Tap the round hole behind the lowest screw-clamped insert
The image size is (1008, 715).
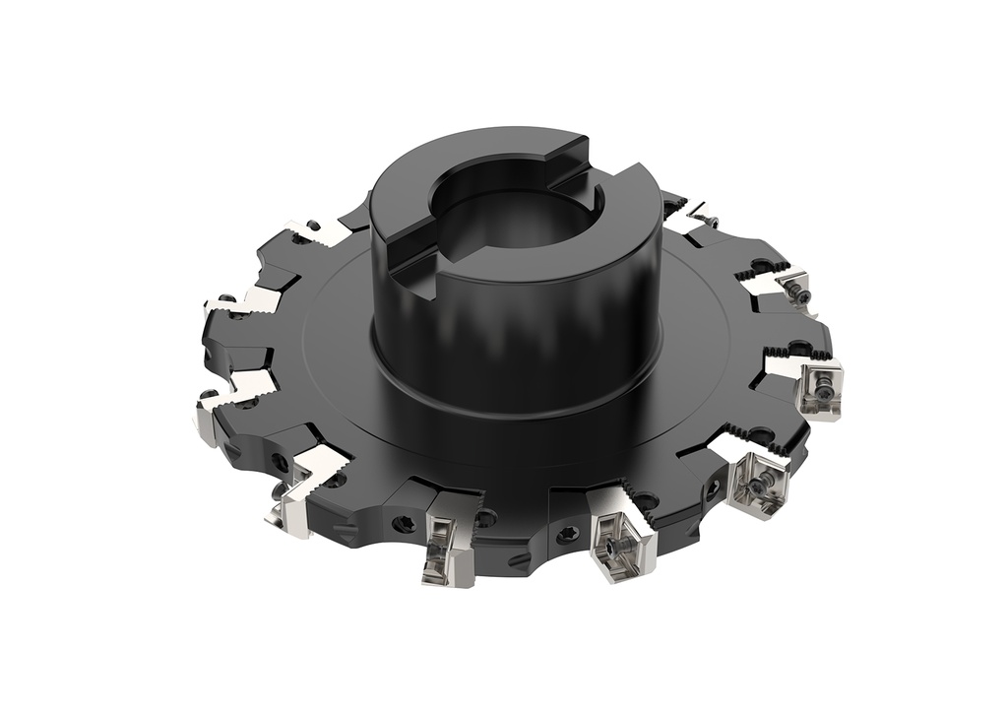point(645,501)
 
